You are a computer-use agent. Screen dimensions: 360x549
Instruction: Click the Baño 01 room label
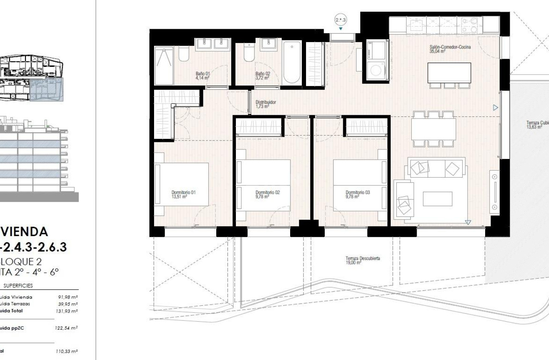tap(202, 76)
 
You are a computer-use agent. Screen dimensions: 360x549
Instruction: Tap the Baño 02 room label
tap(263, 76)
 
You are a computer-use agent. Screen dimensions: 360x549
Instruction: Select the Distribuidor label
tap(266, 104)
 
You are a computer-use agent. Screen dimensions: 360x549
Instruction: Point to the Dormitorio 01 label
tap(184, 194)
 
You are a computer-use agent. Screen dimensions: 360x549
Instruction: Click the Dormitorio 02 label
tap(267, 194)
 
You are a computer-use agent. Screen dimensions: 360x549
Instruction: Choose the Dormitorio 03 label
tap(358, 194)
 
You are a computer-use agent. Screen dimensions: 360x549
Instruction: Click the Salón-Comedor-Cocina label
tap(450, 49)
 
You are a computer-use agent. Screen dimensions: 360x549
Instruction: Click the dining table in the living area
tap(433, 129)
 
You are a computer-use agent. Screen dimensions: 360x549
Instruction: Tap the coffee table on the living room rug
tap(437, 199)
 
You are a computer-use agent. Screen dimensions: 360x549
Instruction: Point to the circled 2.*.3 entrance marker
tap(341, 19)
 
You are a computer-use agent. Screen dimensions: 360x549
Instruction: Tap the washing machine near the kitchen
tap(378, 71)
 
